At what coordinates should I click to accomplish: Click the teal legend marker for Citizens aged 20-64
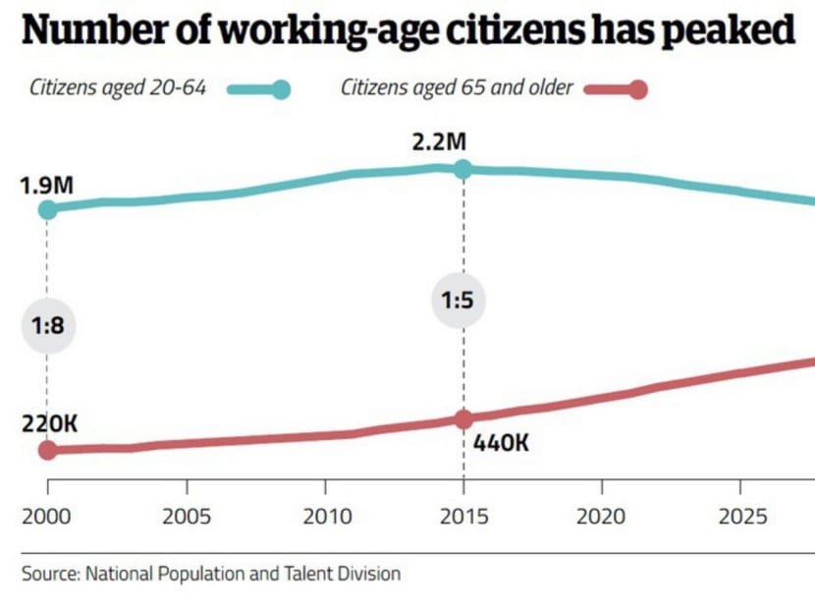click(280, 89)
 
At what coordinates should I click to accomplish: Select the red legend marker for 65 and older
click(637, 89)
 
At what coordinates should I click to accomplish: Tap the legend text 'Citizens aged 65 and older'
click(456, 88)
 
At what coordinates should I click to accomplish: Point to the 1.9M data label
click(47, 183)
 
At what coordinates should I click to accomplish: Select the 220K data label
click(49, 424)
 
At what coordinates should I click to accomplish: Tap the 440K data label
click(501, 443)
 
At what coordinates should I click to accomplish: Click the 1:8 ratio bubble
click(47, 326)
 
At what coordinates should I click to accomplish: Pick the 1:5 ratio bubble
click(457, 301)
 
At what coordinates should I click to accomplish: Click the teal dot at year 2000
click(47, 208)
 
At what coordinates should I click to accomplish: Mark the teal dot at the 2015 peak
click(463, 169)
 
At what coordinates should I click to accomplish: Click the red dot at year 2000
click(47, 450)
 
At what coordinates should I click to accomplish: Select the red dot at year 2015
click(463, 419)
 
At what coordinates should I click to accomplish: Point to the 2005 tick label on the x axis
click(186, 517)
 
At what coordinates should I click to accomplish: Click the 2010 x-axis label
click(324, 517)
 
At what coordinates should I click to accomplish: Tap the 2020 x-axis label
click(601, 517)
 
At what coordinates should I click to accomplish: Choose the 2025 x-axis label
click(739, 517)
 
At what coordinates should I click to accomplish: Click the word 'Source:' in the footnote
click(50, 573)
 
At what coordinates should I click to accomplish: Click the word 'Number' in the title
click(82, 31)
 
